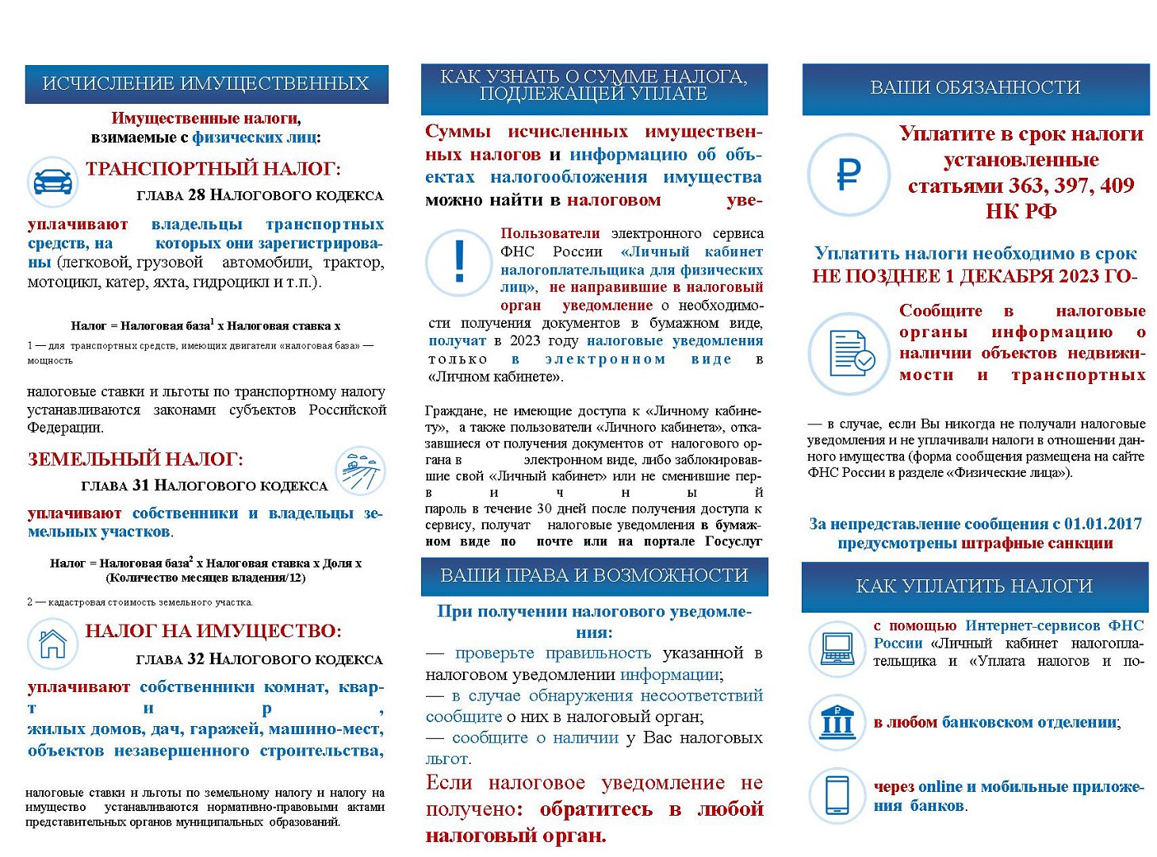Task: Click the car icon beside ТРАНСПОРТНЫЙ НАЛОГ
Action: coord(52,181)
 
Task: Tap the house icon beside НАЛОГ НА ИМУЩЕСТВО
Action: coord(52,643)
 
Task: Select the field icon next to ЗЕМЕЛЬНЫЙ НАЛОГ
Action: coord(360,471)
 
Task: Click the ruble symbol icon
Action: coord(849,175)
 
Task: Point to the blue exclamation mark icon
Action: coord(459,262)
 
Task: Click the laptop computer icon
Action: coord(837,649)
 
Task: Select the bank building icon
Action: coord(837,721)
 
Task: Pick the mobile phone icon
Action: coord(837,794)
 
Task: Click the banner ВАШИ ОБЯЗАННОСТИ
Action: coord(975,87)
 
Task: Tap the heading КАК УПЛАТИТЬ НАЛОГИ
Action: coord(975,586)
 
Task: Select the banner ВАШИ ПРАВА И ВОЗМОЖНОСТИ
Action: coord(594,575)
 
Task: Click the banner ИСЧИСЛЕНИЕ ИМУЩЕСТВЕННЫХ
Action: coord(206,83)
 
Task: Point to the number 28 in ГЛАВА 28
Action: coord(196,195)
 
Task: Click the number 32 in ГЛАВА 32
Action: coord(195,659)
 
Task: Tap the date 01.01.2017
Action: coord(1102,524)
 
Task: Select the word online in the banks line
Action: coord(940,786)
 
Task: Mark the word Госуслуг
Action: coord(733,541)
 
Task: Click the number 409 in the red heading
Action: coord(1117,186)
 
